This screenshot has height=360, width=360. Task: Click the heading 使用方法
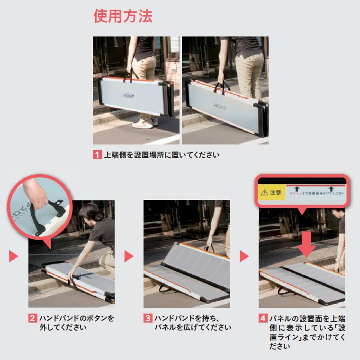pyautogui.click(x=123, y=17)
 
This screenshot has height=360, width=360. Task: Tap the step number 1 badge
pyautogui.click(x=97, y=155)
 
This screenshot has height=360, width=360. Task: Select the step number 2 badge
pyautogui.click(x=32, y=318)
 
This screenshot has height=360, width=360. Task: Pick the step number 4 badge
pyautogui.click(x=262, y=318)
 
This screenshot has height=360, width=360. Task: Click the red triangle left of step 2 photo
pyautogui.click(x=13, y=256)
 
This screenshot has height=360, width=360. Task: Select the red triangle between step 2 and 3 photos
pyautogui.click(x=129, y=256)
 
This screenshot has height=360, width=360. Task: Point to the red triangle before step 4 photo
pyautogui.click(x=244, y=256)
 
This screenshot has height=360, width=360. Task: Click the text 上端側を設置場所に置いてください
pyautogui.click(x=162, y=155)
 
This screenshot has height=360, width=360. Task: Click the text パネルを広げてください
pyautogui.click(x=192, y=327)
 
